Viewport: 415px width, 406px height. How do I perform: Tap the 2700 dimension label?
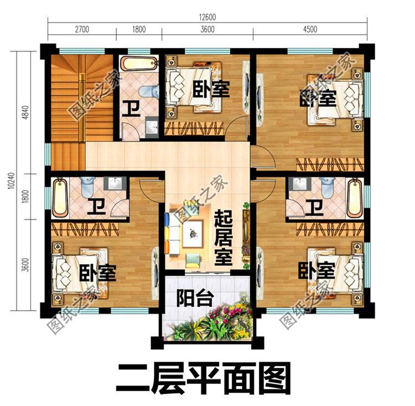(x=81, y=29)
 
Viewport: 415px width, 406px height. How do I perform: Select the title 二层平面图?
(x=204, y=379)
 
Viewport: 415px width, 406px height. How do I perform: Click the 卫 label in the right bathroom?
(x=315, y=208)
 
